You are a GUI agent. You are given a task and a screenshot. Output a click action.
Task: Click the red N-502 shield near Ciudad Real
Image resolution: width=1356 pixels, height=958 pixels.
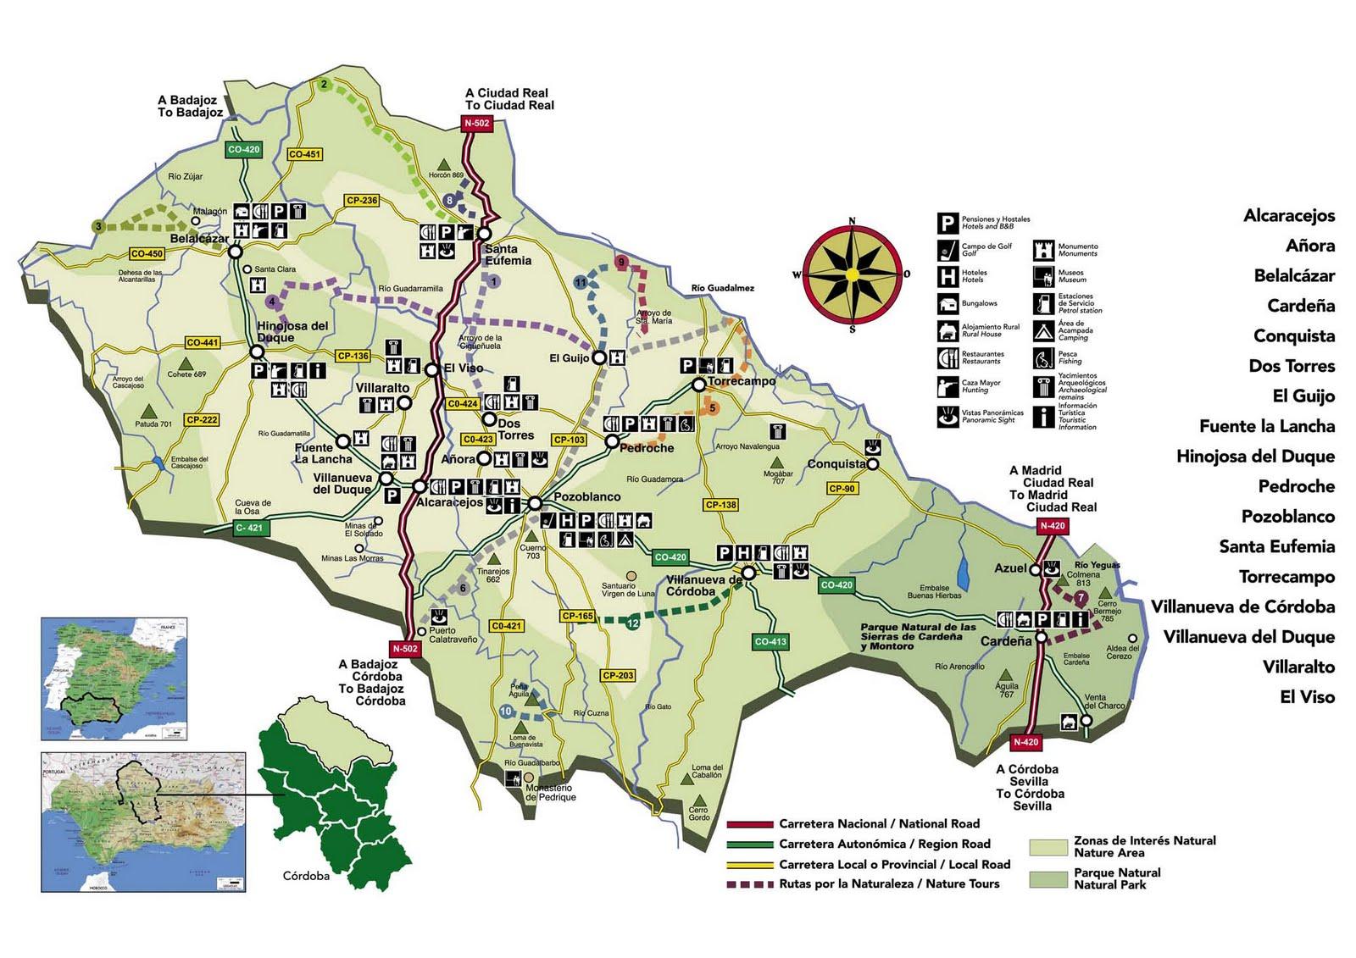476,124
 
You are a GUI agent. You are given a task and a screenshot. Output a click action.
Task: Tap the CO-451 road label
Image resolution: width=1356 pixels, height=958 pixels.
304,154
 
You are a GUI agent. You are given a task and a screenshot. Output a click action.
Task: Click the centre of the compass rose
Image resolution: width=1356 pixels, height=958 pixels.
852,274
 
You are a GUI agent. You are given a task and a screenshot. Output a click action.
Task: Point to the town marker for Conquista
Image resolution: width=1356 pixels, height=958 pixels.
872,464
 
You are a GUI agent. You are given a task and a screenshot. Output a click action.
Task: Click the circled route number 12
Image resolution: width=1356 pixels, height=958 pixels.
633,623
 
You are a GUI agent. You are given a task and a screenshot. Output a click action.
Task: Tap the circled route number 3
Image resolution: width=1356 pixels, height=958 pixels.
98,226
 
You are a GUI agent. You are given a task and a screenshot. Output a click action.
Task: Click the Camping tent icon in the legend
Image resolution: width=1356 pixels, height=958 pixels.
1042,331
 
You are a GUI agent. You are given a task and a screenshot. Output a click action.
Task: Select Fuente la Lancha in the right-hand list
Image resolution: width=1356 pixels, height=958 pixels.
1266,426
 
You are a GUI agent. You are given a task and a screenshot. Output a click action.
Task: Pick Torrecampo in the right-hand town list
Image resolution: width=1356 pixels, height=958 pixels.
1287,577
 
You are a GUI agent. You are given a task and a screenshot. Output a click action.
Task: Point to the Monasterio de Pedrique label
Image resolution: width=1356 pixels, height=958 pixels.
551,792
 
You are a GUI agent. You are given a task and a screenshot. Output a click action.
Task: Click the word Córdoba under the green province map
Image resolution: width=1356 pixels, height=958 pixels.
307,876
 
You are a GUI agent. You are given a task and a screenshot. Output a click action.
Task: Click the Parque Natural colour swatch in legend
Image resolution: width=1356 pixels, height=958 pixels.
1048,879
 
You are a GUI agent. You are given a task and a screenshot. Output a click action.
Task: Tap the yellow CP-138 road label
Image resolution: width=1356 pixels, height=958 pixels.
720,505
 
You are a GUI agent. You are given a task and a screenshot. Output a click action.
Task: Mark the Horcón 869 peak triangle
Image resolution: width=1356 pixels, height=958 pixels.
443,163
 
